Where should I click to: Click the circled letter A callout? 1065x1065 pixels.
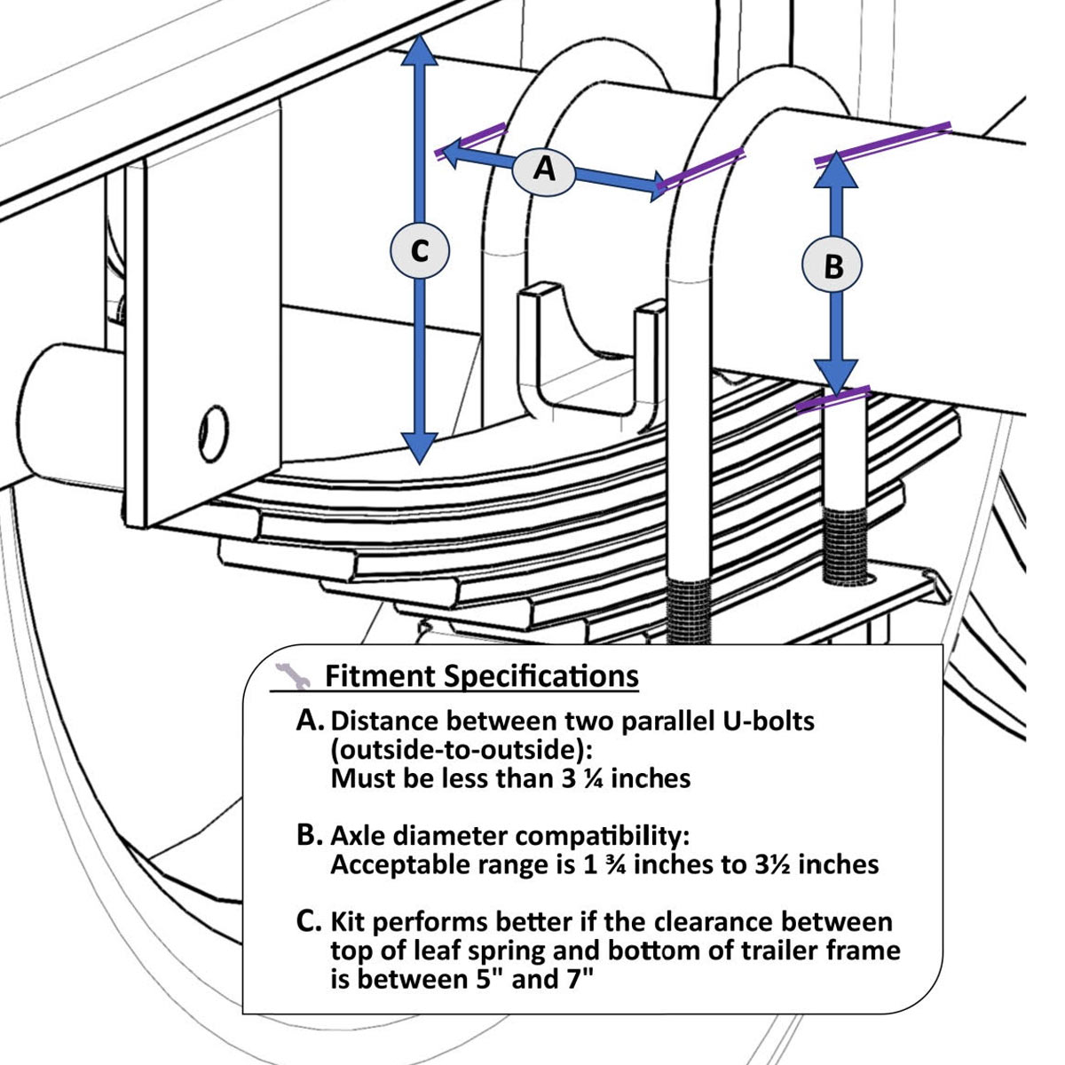(x=545, y=168)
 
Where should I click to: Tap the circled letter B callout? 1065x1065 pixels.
(x=832, y=265)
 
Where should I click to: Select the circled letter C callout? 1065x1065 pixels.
(x=420, y=252)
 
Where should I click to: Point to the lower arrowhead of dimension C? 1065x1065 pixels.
(x=420, y=447)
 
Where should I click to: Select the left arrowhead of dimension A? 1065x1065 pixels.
(x=453, y=153)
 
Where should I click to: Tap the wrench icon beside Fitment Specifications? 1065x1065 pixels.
(x=291, y=676)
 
